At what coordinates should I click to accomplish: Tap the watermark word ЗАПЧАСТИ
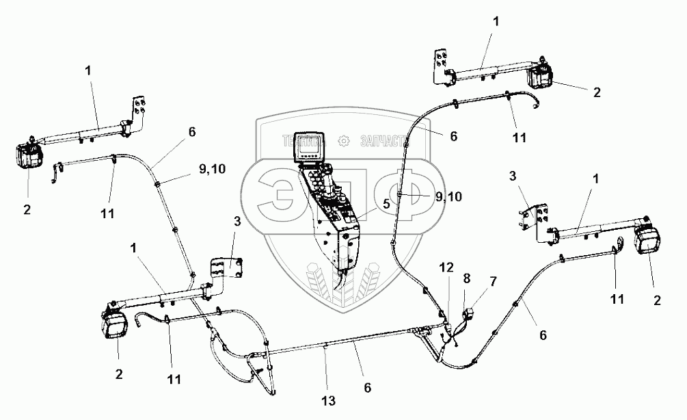(388, 140)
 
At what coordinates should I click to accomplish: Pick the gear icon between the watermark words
(345, 141)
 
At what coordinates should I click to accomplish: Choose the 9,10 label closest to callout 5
(448, 196)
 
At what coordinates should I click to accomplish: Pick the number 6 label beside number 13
(368, 387)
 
